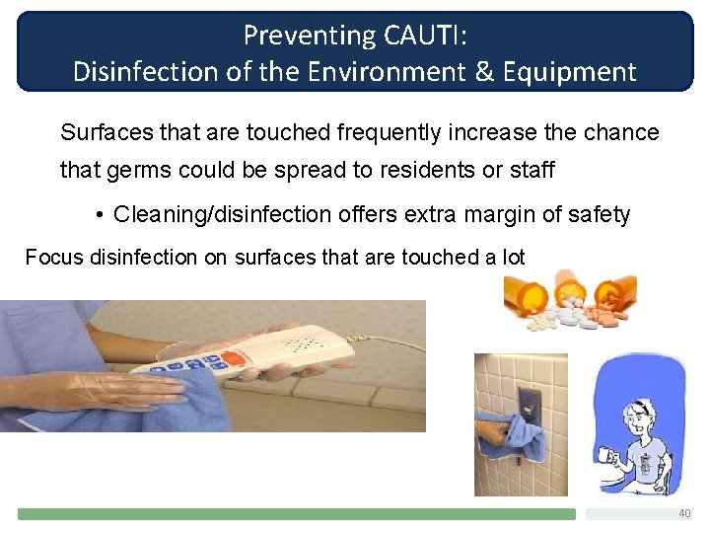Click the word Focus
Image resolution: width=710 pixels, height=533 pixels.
[54, 258]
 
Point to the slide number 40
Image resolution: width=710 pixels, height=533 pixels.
[684, 514]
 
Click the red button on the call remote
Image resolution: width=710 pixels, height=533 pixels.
[233, 358]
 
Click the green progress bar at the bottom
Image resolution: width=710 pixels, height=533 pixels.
[296, 514]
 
